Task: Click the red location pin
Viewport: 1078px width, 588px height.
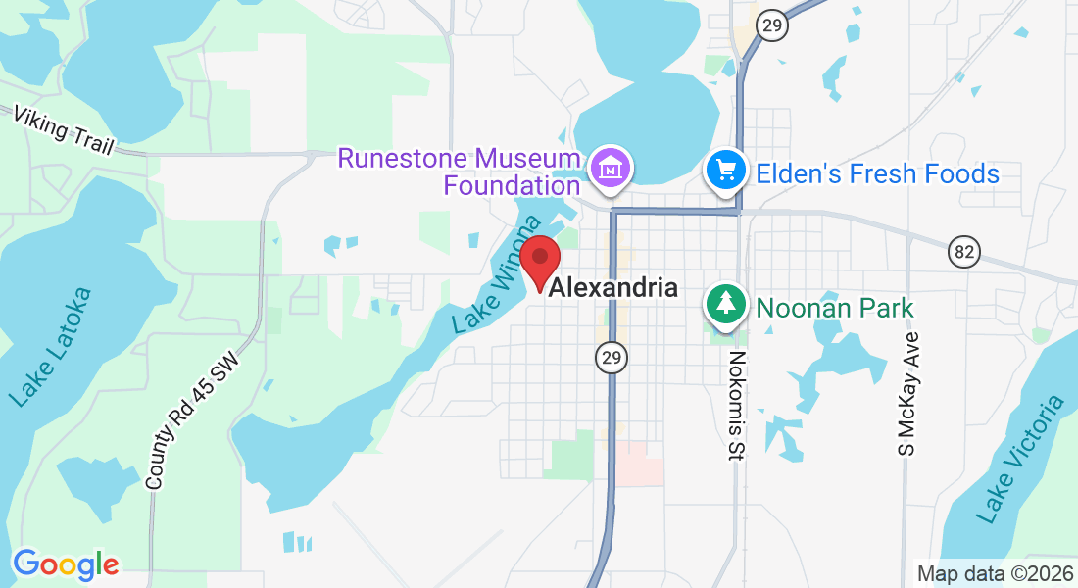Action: [539, 261]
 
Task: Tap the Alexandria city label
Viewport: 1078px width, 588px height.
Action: [613, 288]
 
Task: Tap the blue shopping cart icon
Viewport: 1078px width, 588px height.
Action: [726, 172]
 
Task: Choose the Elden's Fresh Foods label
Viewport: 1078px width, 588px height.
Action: [877, 174]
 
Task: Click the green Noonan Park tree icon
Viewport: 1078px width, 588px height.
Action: [725, 303]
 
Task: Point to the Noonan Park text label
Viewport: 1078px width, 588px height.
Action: [834, 308]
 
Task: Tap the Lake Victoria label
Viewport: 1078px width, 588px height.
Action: [1019, 458]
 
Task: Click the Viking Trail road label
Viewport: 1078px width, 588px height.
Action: [64, 129]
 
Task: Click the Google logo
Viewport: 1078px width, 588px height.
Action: [66, 564]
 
